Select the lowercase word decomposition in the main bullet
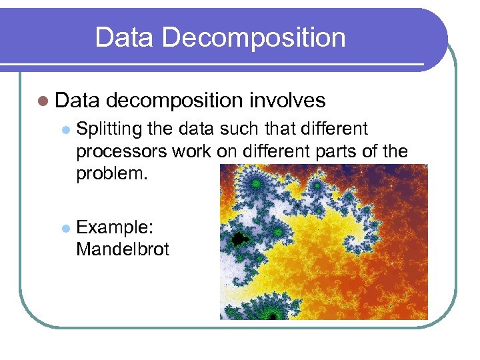[x=174, y=101]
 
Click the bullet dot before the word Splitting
[x=65, y=129]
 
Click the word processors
[x=121, y=152]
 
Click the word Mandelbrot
[x=123, y=249]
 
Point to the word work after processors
[x=192, y=151]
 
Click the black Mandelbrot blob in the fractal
[x=238, y=237]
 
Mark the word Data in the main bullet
[x=77, y=101]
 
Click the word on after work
[x=227, y=151]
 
